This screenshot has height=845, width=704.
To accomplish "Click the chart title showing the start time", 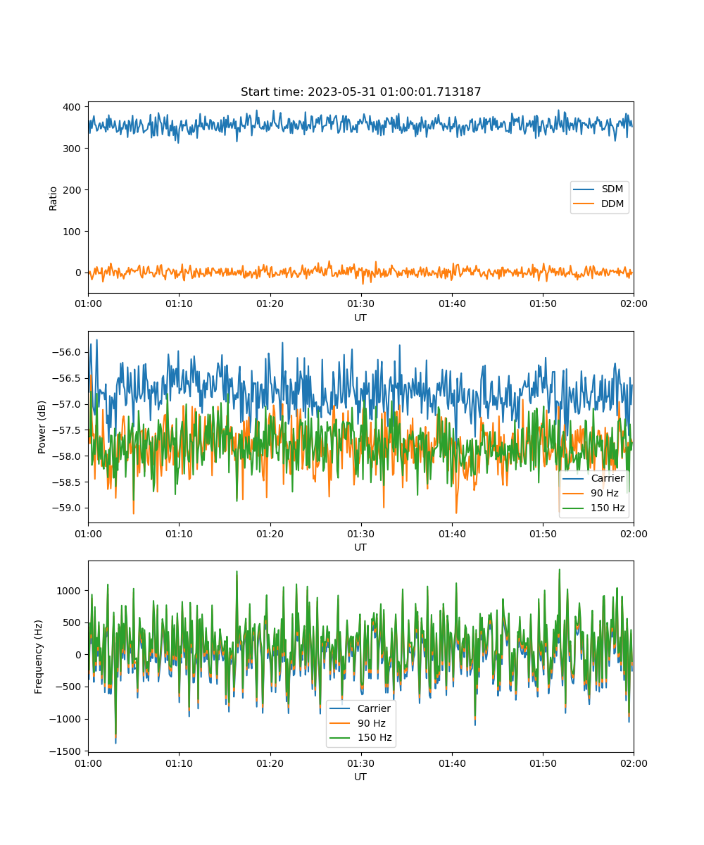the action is (360, 92).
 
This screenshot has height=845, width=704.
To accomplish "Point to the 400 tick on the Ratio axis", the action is (72, 107).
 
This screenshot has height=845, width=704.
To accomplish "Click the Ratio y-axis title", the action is (53, 199).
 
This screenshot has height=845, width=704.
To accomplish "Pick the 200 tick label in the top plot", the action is (72, 190).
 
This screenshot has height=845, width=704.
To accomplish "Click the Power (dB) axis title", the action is (42, 427).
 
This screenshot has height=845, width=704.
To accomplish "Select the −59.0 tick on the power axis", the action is (66, 508).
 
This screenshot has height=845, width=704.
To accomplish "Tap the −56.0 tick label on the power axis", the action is (66, 352).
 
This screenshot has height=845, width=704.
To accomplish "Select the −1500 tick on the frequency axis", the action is (65, 751).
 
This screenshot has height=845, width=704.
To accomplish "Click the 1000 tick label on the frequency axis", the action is (69, 591).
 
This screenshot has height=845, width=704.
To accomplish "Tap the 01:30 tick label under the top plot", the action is (361, 303).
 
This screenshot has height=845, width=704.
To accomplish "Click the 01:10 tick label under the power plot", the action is (179, 534).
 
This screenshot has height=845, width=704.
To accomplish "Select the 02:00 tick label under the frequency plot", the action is (634, 763).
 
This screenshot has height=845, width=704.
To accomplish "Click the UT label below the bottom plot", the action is (360, 777).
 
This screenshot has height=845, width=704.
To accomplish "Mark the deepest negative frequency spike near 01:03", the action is (115, 743).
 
